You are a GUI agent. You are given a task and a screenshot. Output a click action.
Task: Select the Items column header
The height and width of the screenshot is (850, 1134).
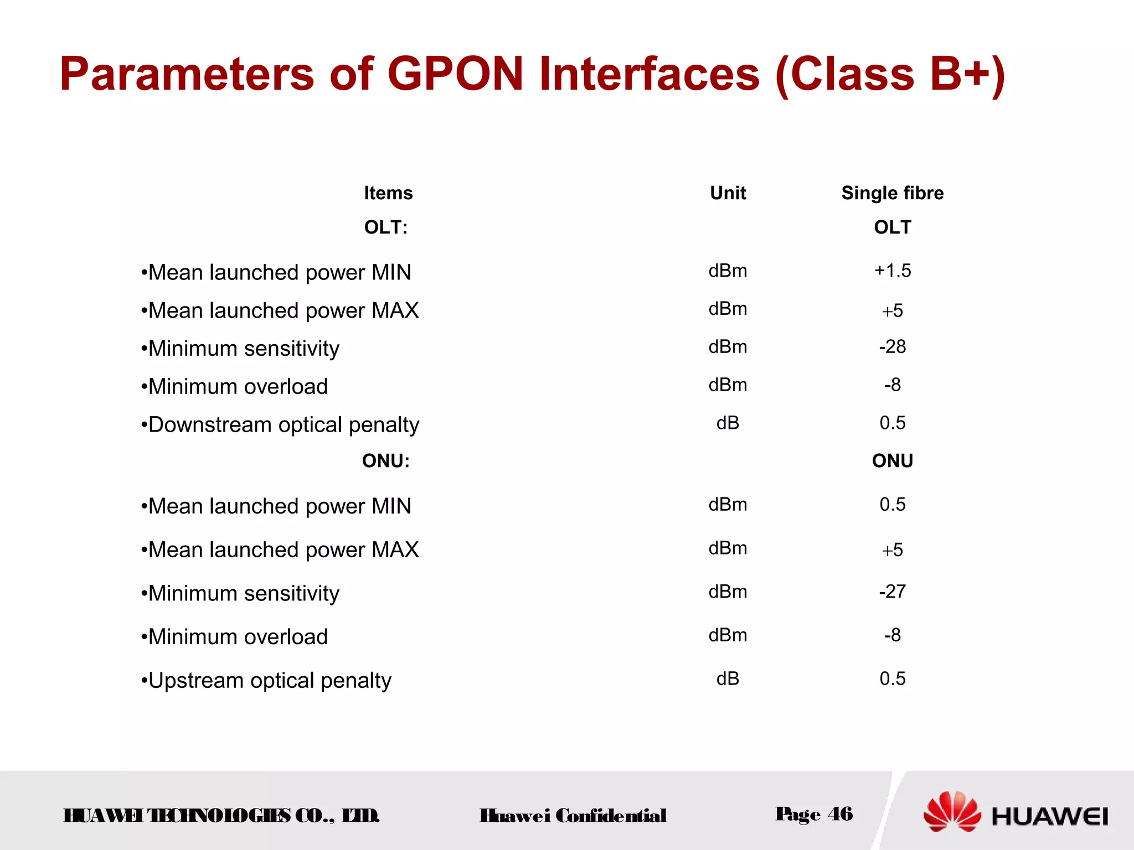pos(388,193)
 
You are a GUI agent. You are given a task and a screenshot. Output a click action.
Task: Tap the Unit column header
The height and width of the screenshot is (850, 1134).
pos(728,193)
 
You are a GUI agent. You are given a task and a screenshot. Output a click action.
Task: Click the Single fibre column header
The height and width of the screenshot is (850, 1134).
pos(892,193)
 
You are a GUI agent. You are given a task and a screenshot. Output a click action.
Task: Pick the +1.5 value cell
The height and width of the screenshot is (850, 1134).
pos(892,271)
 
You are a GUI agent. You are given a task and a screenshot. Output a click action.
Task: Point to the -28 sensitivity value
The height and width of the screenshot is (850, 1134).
pos(892,347)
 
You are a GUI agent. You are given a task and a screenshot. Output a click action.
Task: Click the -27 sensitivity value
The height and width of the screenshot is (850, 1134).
pos(892,592)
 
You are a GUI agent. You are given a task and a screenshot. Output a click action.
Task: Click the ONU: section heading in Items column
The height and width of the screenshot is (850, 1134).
pos(386,461)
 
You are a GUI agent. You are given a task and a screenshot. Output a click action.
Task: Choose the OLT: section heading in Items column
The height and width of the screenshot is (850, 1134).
pos(386,227)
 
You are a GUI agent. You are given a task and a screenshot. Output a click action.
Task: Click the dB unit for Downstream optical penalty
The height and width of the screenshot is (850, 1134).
pos(728,423)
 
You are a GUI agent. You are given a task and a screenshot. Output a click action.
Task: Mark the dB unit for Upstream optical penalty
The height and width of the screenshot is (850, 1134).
pos(728,679)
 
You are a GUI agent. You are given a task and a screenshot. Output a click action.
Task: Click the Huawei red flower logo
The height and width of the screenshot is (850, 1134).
pos(952,812)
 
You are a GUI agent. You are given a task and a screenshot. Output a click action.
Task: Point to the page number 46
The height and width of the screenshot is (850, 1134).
pos(840,814)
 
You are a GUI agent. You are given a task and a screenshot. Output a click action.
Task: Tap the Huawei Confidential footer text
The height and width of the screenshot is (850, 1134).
pos(573,816)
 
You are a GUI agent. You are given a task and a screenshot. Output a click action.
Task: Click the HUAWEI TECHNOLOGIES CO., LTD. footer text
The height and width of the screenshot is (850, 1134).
pos(221,816)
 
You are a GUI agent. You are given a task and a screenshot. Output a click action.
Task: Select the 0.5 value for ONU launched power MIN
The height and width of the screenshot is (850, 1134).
pos(892,505)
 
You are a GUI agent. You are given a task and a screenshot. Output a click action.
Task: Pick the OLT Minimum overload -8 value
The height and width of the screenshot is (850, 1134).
pos(892,385)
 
